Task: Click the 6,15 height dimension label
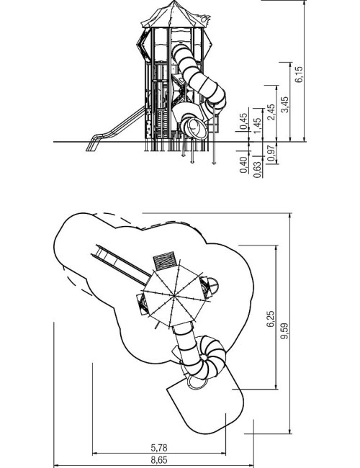[x=299, y=74]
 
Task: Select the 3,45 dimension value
[x=285, y=104]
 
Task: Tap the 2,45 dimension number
[x=271, y=112]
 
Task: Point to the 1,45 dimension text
[x=257, y=126]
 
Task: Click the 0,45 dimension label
[x=243, y=121]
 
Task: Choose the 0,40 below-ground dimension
[x=243, y=165]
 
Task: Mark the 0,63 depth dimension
[x=257, y=170]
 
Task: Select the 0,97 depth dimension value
[x=271, y=153]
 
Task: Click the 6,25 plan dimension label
[x=270, y=319]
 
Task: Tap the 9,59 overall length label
[x=284, y=330]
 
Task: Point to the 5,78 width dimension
[x=159, y=448]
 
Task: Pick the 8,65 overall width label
[x=159, y=460]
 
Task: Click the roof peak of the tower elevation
[x=174, y=1]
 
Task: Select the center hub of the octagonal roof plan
[x=174, y=295]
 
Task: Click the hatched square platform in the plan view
[x=164, y=260]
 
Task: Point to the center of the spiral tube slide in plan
[x=204, y=357]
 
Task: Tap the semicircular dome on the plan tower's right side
[x=213, y=286]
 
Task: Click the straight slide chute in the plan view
[x=121, y=265]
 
